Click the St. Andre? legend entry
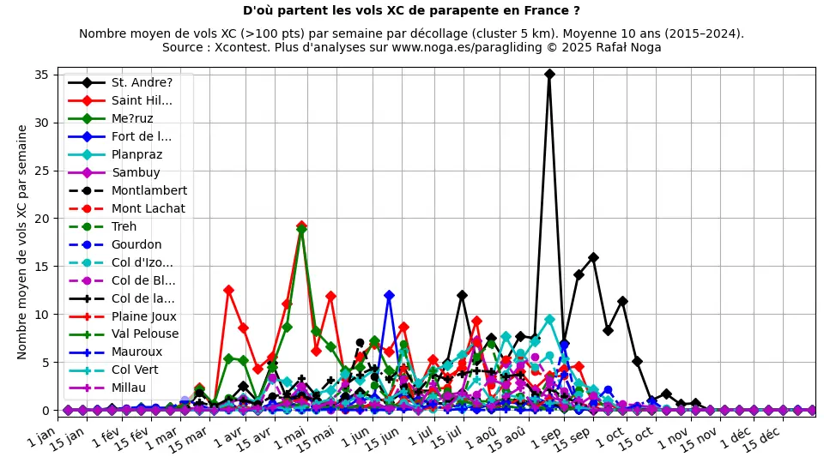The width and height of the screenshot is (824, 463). click(142, 83)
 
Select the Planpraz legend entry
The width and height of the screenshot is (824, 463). click(136, 155)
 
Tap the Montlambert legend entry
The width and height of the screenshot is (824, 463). click(148, 191)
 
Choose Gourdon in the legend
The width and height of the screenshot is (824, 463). click(136, 245)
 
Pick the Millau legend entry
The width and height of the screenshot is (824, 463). click(129, 388)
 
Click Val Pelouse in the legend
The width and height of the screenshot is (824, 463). click(145, 334)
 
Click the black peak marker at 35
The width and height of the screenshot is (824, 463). click(549, 75)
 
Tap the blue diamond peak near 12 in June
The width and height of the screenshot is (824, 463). click(389, 295)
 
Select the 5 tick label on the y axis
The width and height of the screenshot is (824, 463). click(46, 363)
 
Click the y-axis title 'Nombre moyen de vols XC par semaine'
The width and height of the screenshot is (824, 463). click(23, 242)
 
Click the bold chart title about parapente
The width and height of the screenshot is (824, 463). click(411, 11)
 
